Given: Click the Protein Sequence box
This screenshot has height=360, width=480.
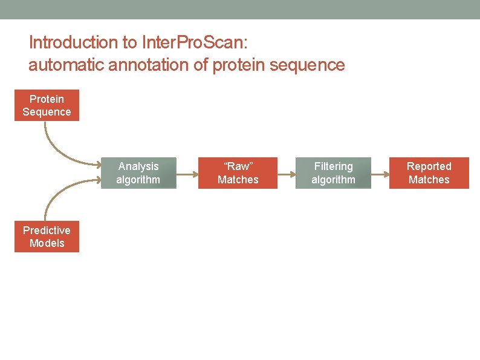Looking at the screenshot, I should coord(47,105).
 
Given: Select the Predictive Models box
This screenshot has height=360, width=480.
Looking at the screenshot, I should coord(47,237).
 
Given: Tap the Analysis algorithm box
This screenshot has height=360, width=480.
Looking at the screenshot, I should coord(138,173).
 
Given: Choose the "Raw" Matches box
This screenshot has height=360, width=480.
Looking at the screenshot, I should coord(238,173).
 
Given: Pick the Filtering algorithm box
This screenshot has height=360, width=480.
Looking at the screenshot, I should coord(333,173).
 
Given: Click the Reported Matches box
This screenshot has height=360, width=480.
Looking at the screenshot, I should coord(429,173).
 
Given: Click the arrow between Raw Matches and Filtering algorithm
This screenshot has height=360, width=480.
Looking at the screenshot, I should coord(286,174).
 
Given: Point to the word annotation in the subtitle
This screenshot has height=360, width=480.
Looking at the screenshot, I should coord(148,65).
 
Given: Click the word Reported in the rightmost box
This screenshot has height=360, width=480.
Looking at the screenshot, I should coord(429,166).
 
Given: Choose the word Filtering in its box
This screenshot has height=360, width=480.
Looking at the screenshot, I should coord(333,166).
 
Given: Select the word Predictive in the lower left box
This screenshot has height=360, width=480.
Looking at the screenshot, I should coord(47,230).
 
